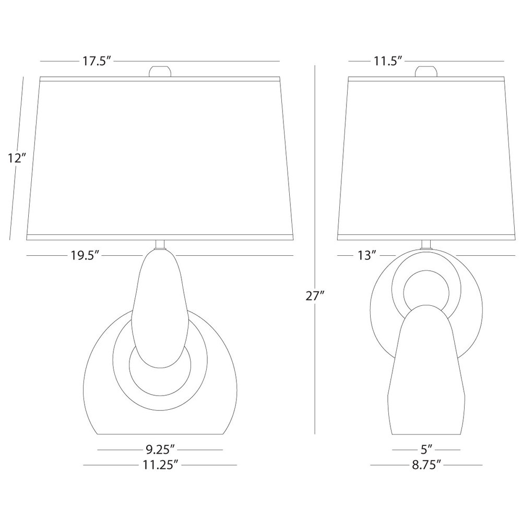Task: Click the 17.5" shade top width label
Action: point(97,61)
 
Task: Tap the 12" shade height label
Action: point(17,158)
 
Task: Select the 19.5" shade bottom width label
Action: point(85,256)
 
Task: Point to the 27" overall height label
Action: point(315,295)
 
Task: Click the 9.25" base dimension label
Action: point(160,449)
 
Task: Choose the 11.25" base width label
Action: point(159,465)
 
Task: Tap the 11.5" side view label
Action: point(388,61)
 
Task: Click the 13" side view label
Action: point(367,256)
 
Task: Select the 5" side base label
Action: point(426,449)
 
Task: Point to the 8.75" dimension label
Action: point(426,465)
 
